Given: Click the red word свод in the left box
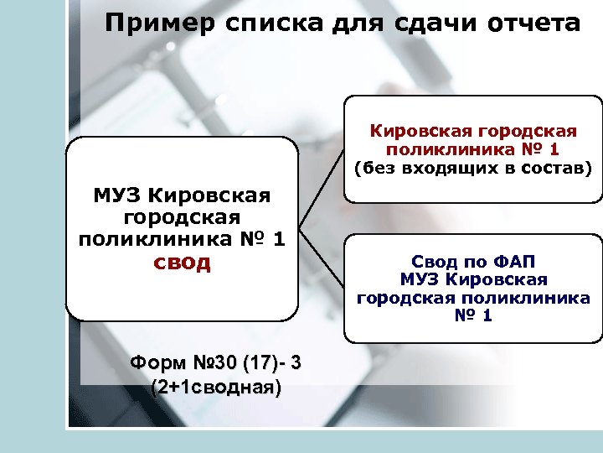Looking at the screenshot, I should point(182,263).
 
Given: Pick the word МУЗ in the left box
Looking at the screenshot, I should point(116,197).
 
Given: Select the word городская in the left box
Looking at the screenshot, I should point(182,219).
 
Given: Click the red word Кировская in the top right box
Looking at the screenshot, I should point(419,132).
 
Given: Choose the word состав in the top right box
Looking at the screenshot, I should point(559,168).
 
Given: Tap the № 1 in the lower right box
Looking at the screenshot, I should point(474,316).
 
